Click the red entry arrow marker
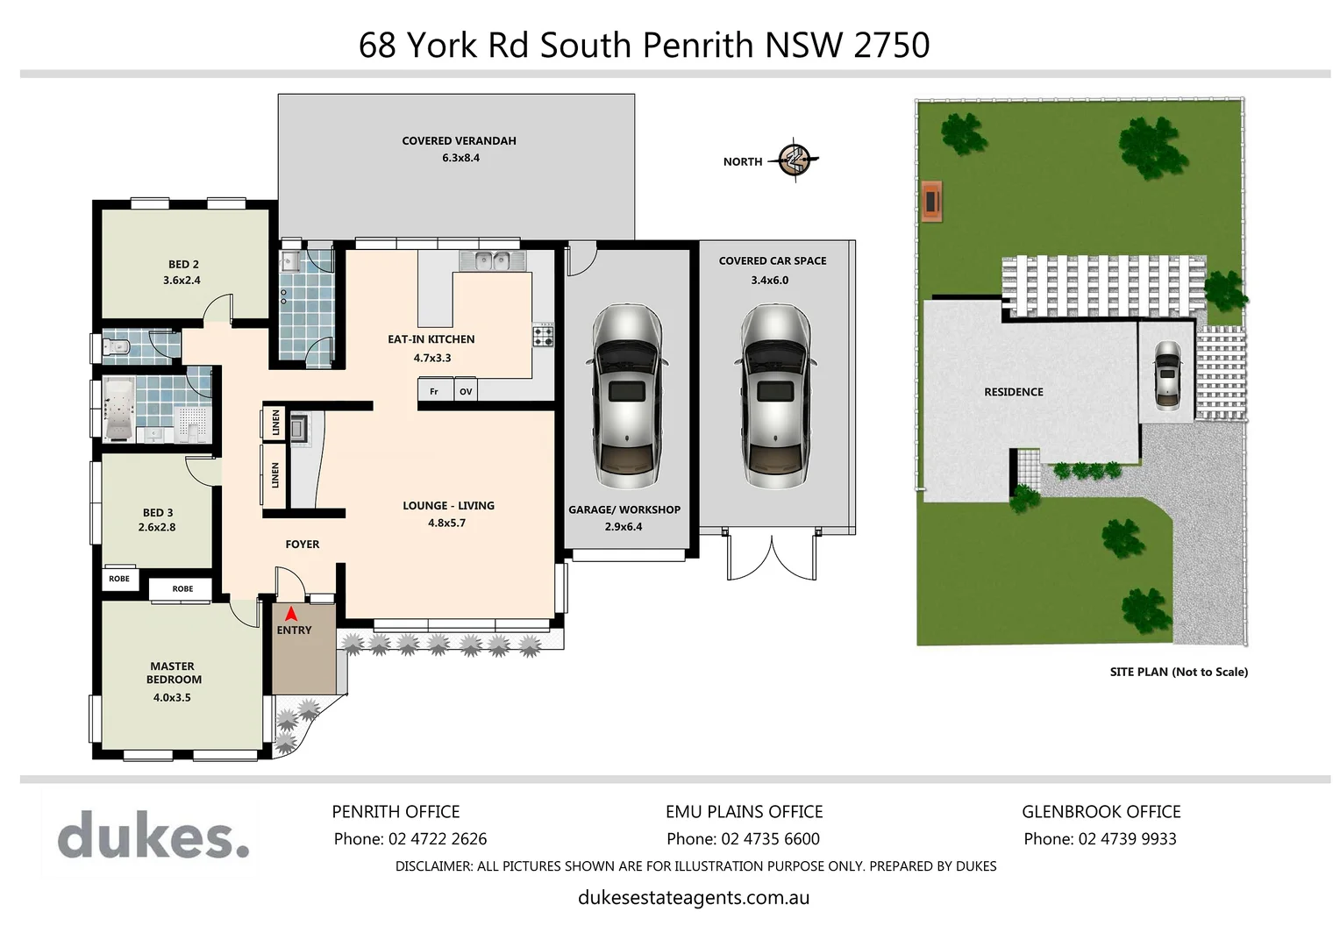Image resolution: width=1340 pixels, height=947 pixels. (291, 616)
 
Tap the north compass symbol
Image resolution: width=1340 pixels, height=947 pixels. (795, 160)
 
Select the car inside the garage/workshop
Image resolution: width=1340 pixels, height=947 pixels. (626, 396)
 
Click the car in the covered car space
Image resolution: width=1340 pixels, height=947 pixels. (774, 396)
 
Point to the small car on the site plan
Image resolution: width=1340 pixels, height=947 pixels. (1167, 374)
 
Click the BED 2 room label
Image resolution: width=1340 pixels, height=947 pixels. (183, 264)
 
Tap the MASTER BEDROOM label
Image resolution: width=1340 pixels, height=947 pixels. (174, 673)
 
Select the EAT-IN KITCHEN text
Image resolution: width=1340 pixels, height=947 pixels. (431, 339)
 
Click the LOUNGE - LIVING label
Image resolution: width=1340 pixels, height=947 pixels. (448, 506)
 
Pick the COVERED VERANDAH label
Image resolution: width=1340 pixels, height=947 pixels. (459, 140)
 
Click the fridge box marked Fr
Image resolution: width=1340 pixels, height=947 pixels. (434, 391)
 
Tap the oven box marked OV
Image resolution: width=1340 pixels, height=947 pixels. (466, 391)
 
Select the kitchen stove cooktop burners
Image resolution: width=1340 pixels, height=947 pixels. (544, 335)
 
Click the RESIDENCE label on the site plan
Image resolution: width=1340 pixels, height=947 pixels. (1014, 392)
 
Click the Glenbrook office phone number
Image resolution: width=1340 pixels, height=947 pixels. (1127, 839)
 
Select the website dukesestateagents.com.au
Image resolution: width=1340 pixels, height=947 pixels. (694, 898)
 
